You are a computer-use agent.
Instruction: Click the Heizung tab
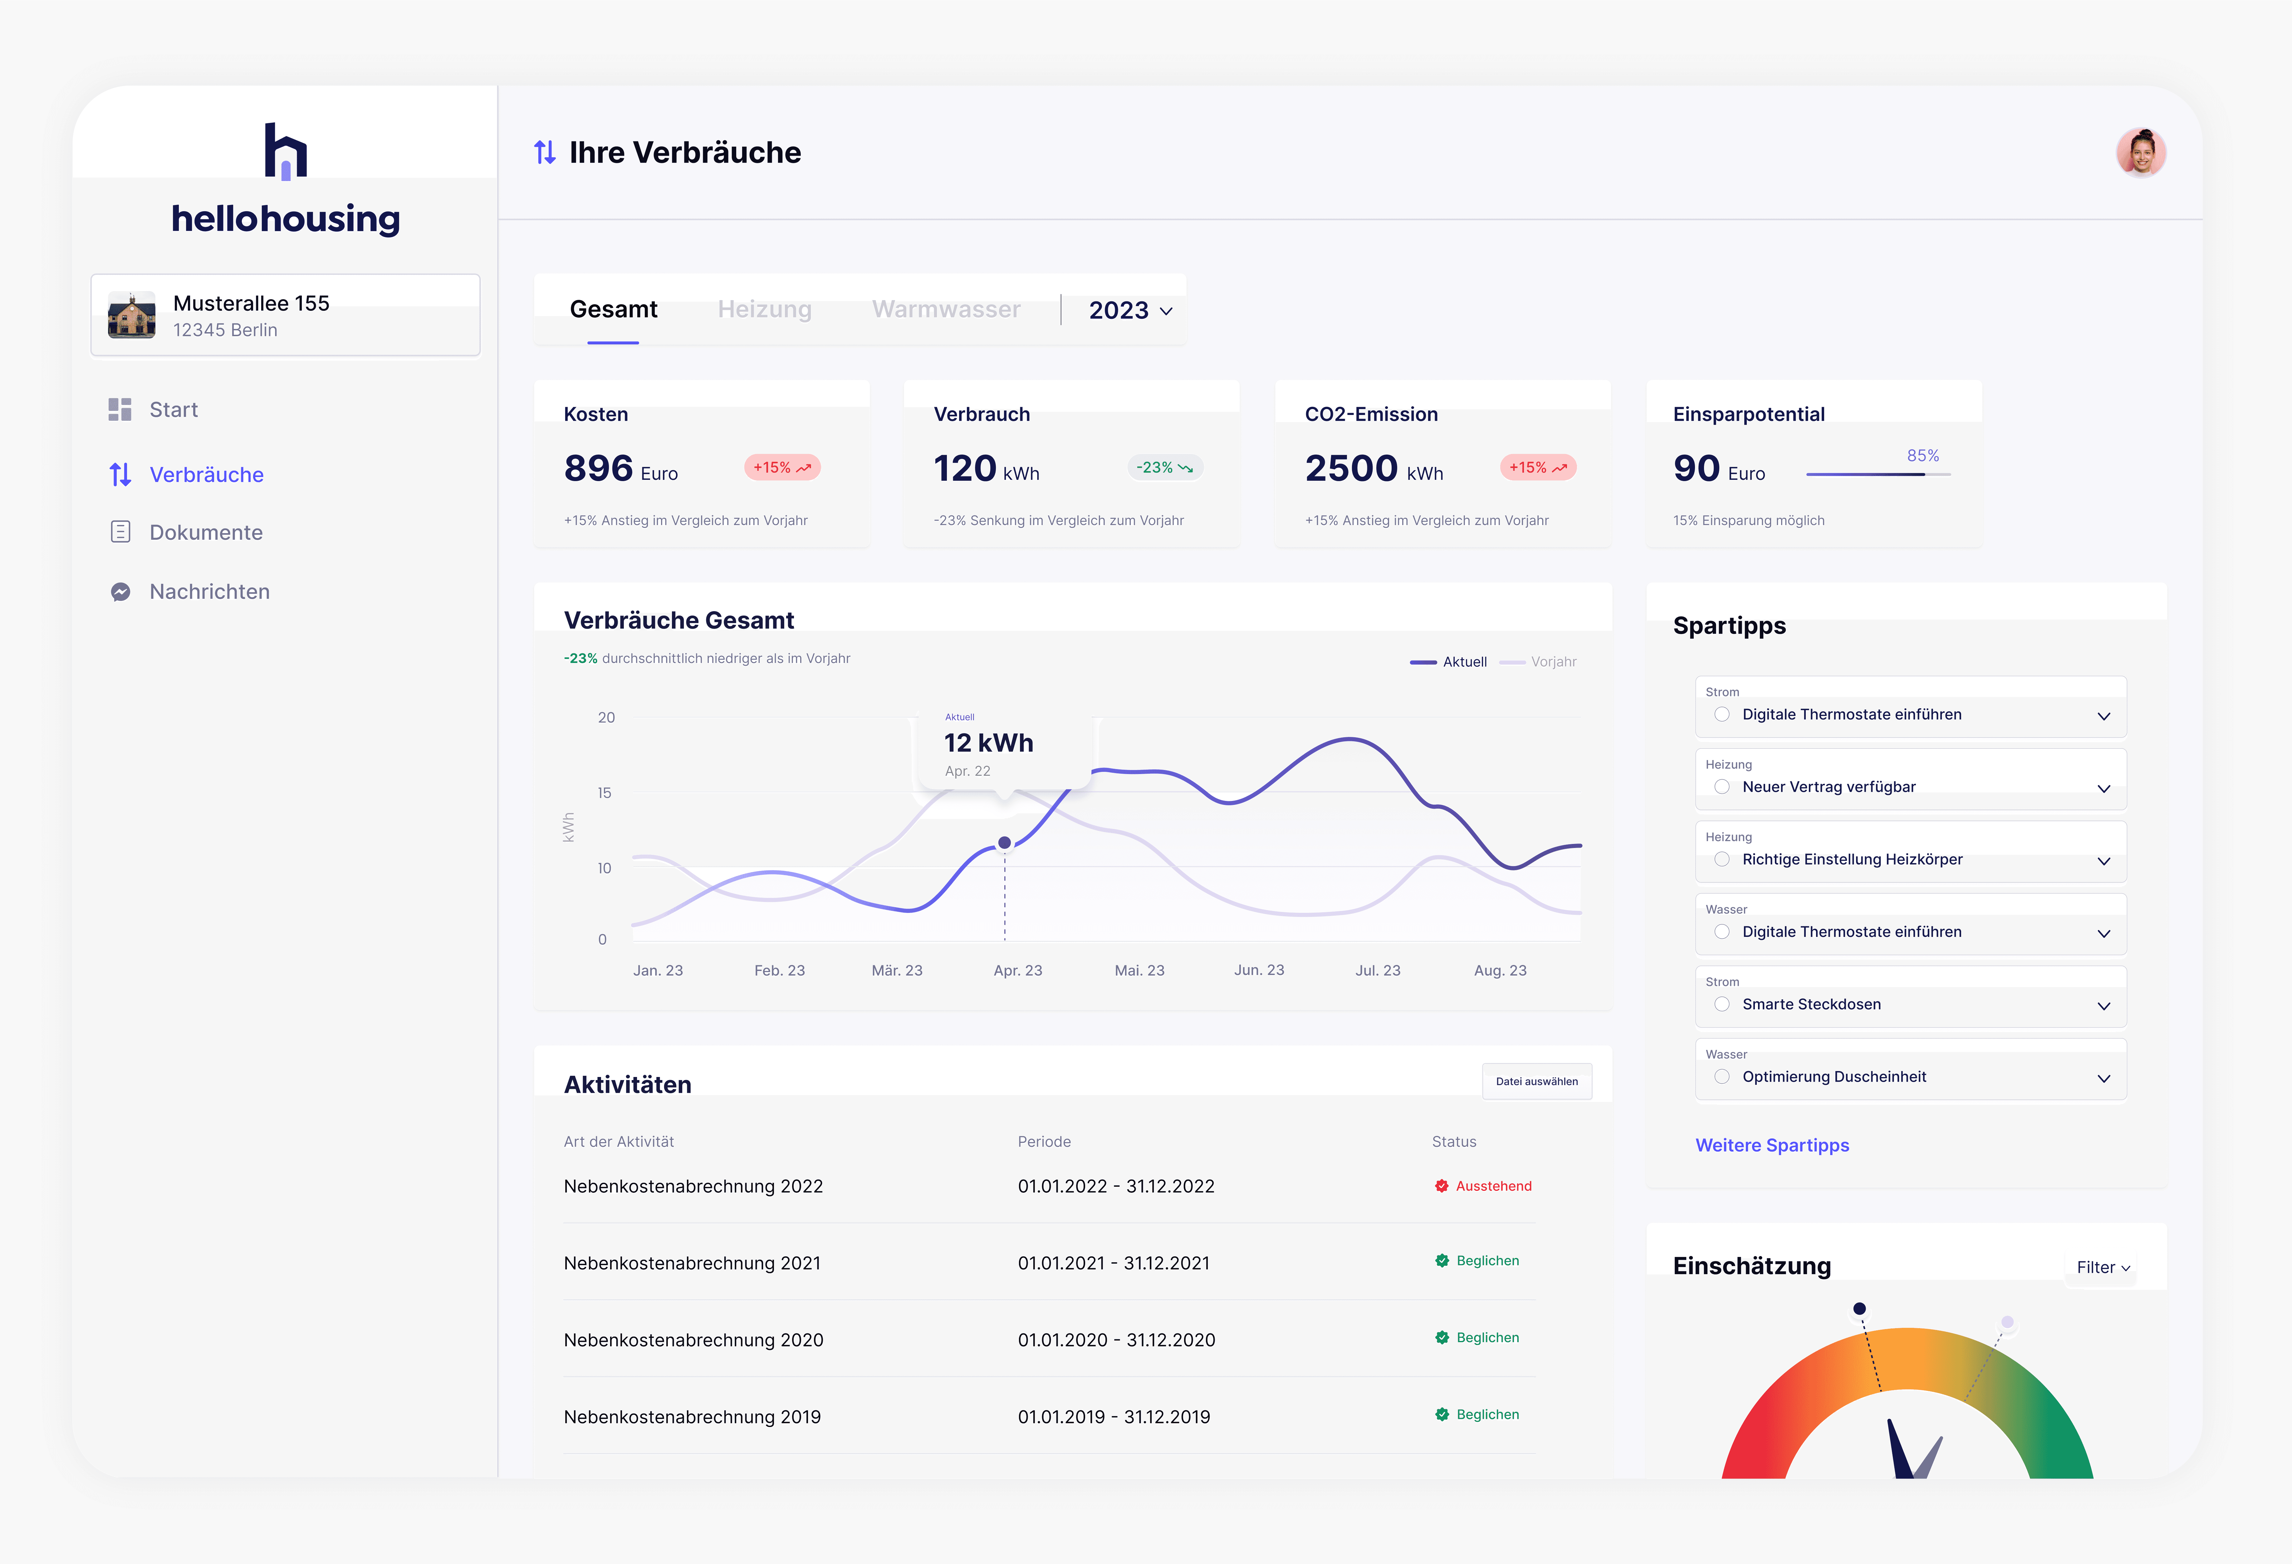tap(764, 309)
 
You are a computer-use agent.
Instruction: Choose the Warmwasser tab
tap(946, 309)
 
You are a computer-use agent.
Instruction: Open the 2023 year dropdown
tap(1130, 311)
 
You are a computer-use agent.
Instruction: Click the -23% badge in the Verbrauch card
tap(1165, 467)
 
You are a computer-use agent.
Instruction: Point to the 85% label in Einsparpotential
tap(1922, 456)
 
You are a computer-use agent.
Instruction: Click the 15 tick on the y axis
tap(605, 793)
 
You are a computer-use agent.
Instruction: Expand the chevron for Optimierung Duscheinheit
tap(2103, 1078)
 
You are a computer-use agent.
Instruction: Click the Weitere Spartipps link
tap(1772, 1146)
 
